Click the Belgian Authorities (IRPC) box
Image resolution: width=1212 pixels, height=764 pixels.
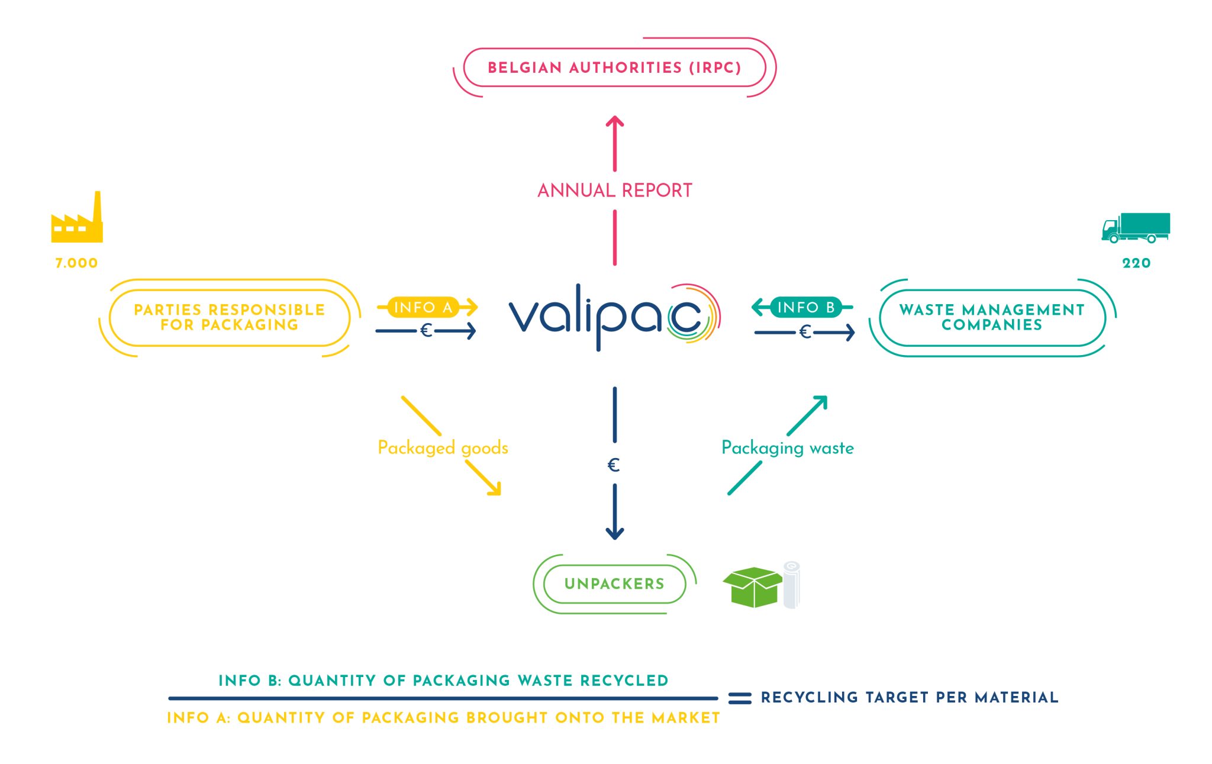click(614, 67)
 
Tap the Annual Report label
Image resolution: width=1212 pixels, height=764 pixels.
click(614, 191)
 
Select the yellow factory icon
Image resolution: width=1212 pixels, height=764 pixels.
click(77, 220)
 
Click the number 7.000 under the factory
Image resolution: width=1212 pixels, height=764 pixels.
click(76, 263)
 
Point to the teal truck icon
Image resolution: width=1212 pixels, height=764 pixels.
click(1135, 227)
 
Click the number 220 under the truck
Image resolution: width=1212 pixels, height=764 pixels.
click(1136, 263)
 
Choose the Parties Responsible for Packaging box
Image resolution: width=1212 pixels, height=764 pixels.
click(230, 318)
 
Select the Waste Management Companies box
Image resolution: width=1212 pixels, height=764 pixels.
click(992, 318)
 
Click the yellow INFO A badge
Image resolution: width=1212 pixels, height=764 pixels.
click(423, 307)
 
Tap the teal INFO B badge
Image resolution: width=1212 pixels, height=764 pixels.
click(805, 307)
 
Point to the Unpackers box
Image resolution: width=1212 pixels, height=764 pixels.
click(614, 584)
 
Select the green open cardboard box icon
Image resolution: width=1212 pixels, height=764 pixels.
click(752, 587)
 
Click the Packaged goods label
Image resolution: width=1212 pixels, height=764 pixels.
click(443, 448)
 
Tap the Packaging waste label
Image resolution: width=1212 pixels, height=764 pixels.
click(787, 448)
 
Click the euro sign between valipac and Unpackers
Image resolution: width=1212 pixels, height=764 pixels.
click(614, 465)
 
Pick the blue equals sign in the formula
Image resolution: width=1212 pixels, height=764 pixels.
click(740, 698)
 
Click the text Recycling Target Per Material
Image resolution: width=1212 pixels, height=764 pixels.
click(910, 698)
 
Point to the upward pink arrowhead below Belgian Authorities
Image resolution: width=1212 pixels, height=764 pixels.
click(615, 122)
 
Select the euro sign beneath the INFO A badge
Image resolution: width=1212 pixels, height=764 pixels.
click(426, 331)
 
